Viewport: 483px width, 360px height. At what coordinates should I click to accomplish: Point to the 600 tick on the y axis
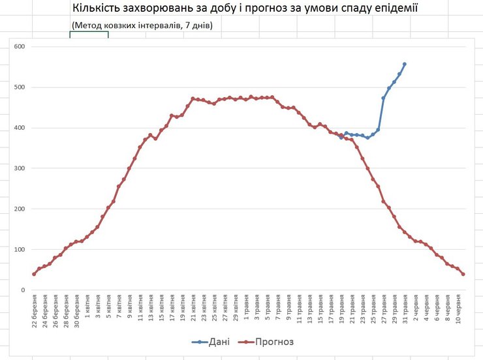18,47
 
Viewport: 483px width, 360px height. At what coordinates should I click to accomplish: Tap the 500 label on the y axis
18,87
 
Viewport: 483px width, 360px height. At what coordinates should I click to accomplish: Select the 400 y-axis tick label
18,128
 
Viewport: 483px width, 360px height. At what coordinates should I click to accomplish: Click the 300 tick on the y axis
18,168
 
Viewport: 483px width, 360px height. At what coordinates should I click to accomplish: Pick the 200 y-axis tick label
18,209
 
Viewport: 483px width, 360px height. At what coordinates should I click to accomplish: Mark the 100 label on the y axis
18,250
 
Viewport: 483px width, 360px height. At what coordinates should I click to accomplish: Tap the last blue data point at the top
405,64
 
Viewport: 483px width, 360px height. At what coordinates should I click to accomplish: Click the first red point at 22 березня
34,274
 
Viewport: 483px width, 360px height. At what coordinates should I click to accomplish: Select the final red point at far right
463,274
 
